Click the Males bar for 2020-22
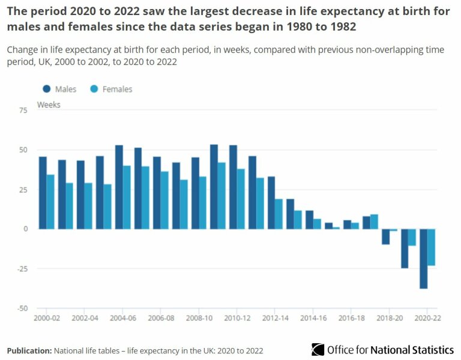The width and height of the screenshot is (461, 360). click(x=424, y=259)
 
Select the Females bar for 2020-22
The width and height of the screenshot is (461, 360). click(x=431, y=247)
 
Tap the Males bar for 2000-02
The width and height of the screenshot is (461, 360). click(x=43, y=193)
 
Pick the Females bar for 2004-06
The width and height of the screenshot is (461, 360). click(x=127, y=197)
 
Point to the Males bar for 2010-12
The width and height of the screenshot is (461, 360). click(x=233, y=187)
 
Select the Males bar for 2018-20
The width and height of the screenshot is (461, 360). click(x=385, y=236)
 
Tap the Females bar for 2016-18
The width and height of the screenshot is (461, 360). click(x=355, y=226)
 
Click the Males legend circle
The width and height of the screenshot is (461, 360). click(x=47, y=89)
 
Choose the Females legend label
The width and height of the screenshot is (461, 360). click(x=117, y=89)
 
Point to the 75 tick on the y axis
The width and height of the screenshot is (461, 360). click(x=23, y=110)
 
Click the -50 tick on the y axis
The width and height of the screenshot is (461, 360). click(x=22, y=308)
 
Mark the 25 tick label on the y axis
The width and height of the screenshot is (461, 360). click(x=23, y=190)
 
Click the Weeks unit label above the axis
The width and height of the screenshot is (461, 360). click(x=49, y=104)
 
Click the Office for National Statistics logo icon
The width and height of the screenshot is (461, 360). click(x=318, y=349)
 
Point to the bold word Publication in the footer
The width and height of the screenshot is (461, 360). click(x=29, y=350)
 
